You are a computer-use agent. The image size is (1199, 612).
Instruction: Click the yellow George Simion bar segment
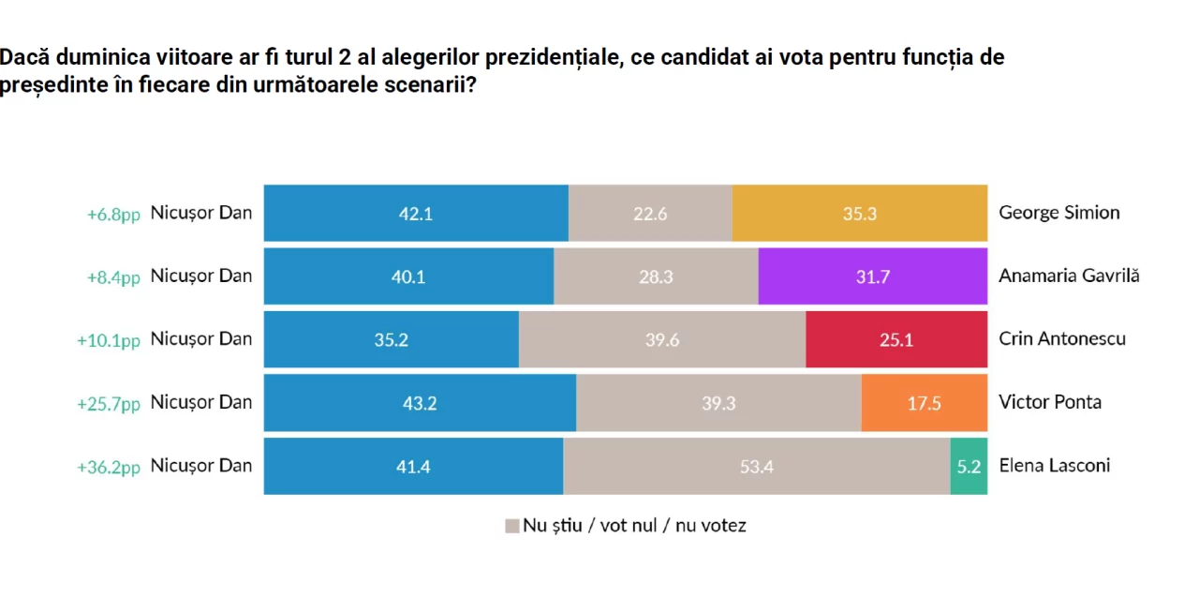[x=859, y=214]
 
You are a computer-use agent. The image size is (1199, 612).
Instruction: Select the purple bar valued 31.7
[x=872, y=276]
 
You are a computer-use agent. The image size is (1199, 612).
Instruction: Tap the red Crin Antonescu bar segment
[x=896, y=339]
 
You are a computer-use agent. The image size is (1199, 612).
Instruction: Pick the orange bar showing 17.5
[x=924, y=403]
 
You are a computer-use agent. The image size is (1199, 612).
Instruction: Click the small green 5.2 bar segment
[x=969, y=466]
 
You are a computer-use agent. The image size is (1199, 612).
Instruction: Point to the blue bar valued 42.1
[x=416, y=214]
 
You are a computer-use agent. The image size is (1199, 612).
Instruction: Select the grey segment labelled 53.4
[x=756, y=466]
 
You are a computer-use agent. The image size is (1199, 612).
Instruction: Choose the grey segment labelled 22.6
[x=650, y=214]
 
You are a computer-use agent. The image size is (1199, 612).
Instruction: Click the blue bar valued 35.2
[x=391, y=339]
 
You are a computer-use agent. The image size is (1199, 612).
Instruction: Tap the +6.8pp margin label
[x=113, y=215]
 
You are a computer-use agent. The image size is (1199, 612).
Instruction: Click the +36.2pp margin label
[x=108, y=467]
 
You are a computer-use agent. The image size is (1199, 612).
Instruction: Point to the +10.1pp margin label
[x=108, y=340]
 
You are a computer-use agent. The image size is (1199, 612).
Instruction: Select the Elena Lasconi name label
[x=1054, y=465]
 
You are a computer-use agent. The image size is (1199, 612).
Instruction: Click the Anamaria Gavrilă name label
[x=1069, y=276]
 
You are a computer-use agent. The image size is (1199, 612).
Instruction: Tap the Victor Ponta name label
[x=1050, y=402]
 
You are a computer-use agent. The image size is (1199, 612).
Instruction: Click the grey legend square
[x=511, y=526]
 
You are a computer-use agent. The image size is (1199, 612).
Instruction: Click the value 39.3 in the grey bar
[x=718, y=403]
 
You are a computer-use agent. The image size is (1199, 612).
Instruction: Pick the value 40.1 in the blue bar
[x=408, y=276]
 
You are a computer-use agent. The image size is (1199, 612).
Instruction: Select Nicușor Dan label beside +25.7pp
[x=201, y=402]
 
